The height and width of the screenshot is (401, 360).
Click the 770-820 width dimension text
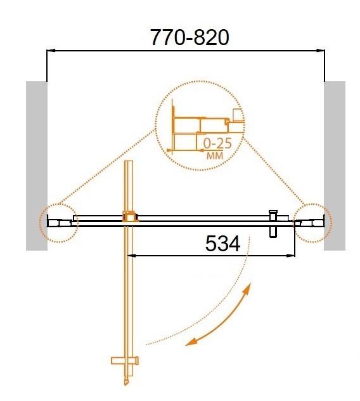(x=189, y=39)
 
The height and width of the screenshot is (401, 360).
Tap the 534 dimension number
(x=222, y=244)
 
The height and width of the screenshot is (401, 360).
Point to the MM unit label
(x=214, y=155)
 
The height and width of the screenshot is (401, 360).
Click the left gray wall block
(x=36, y=165)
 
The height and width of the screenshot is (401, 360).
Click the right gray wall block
(x=335, y=165)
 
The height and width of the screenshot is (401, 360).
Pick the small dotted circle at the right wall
(x=312, y=222)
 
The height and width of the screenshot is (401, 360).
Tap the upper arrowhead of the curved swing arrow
(x=248, y=289)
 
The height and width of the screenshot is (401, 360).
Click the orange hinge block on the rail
(x=130, y=218)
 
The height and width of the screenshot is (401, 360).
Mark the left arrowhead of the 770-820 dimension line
(x=51, y=49)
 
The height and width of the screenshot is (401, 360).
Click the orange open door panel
(x=129, y=286)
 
